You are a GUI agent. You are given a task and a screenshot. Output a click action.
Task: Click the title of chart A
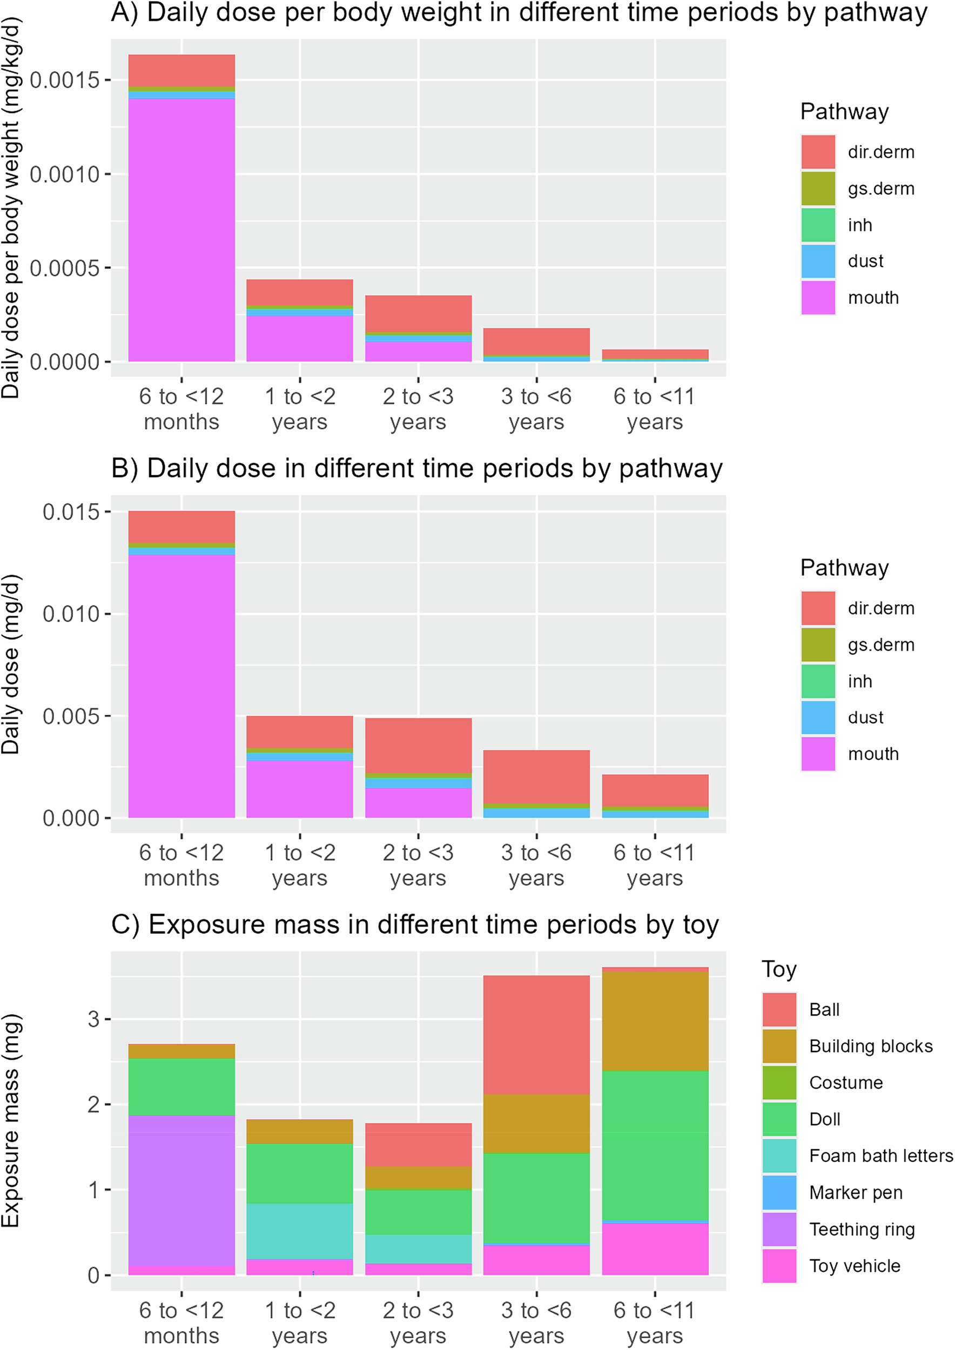(519, 13)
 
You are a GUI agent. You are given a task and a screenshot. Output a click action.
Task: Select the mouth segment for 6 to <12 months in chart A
(181, 230)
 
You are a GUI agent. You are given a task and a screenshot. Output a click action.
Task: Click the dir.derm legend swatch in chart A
(817, 152)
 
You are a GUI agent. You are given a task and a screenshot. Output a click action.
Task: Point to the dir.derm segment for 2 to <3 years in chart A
(418, 313)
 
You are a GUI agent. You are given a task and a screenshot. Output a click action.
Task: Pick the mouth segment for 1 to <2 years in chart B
(300, 788)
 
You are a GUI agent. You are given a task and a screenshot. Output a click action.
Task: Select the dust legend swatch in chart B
(817, 717)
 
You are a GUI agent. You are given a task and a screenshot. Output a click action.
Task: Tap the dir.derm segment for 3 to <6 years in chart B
(536, 776)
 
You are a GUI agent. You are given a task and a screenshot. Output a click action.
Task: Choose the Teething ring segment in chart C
(181, 1191)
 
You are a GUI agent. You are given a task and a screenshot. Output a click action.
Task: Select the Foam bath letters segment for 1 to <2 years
(300, 1231)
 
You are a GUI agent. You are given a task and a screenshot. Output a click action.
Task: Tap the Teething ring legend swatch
(779, 1230)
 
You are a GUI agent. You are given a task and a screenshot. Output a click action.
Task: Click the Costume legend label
(846, 1083)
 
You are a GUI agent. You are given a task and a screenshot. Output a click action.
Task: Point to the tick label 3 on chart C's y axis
(93, 1019)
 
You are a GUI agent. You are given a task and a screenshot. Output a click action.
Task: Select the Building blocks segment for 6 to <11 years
(655, 1021)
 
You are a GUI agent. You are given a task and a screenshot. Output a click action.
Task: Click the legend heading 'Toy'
(778, 969)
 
